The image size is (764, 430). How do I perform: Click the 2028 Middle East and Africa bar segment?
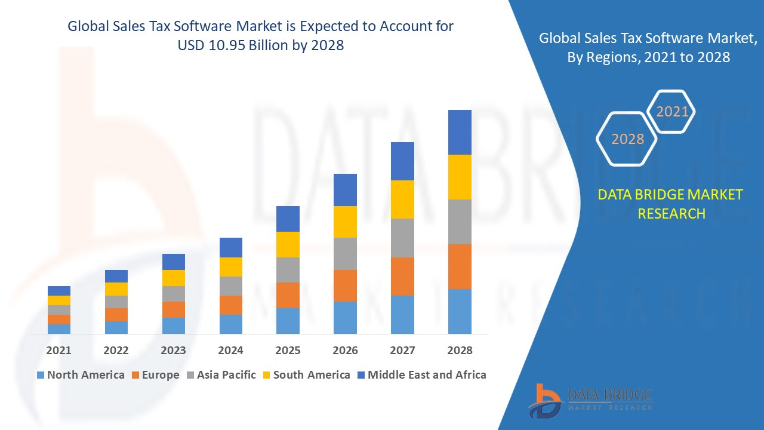pyautogui.click(x=460, y=132)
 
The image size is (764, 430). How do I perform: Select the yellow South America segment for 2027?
pyautogui.click(x=402, y=199)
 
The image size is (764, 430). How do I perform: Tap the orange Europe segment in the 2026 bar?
pyautogui.click(x=345, y=285)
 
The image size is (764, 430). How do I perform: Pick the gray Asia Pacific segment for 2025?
pyautogui.click(x=288, y=269)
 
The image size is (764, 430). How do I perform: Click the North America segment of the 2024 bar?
pyautogui.click(x=230, y=324)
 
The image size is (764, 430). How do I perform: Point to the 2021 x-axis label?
pyautogui.click(x=58, y=351)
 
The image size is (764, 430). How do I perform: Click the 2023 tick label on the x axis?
pyautogui.click(x=173, y=351)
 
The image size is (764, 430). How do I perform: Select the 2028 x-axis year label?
pyautogui.click(x=460, y=351)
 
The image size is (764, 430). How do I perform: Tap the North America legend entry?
pyautogui.click(x=81, y=375)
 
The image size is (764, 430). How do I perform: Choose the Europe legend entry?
pyautogui.click(x=155, y=375)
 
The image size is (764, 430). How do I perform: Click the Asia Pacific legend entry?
pyautogui.click(x=221, y=375)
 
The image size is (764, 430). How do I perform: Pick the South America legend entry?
pyautogui.click(x=306, y=375)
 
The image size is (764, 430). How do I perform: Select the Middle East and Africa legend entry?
pyautogui.click(x=421, y=375)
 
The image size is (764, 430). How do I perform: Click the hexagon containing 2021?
pyautogui.click(x=672, y=112)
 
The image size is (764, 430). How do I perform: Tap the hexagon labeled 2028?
pyautogui.click(x=627, y=139)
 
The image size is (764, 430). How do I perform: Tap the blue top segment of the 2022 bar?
pyautogui.click(x=116, y=276)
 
